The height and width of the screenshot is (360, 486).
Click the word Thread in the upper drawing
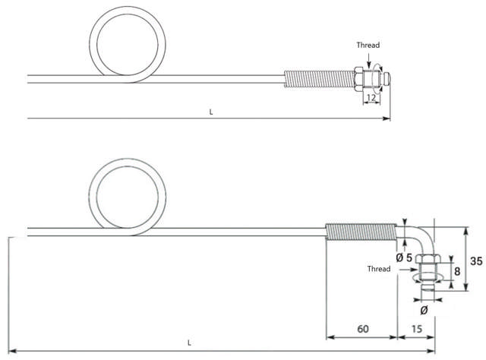pos(368,45)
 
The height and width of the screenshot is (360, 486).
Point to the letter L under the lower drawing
pos(189,343)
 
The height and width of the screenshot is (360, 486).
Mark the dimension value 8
pos(456,270)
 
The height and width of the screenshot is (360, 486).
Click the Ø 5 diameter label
pos(405,257)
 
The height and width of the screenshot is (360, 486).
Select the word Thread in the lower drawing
pos(379,269)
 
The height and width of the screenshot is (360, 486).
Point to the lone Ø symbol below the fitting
pos(424,310)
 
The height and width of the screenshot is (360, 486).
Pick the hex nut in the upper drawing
pos(358,77)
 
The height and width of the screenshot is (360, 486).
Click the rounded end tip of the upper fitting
pos(387,77)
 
